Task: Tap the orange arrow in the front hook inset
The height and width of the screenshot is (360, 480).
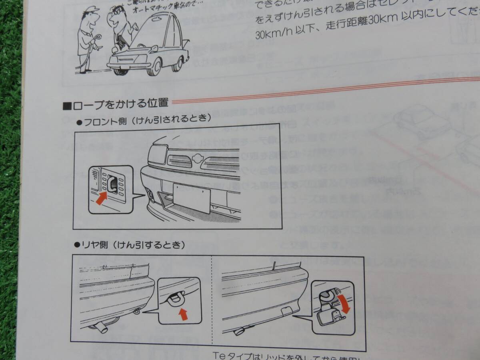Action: click(102, 198)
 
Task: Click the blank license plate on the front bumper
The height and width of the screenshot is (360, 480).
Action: click(192, 198)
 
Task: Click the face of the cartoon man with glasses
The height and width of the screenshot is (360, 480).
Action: click(117, 18)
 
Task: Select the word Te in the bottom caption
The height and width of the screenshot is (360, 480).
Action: click(221, 355)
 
